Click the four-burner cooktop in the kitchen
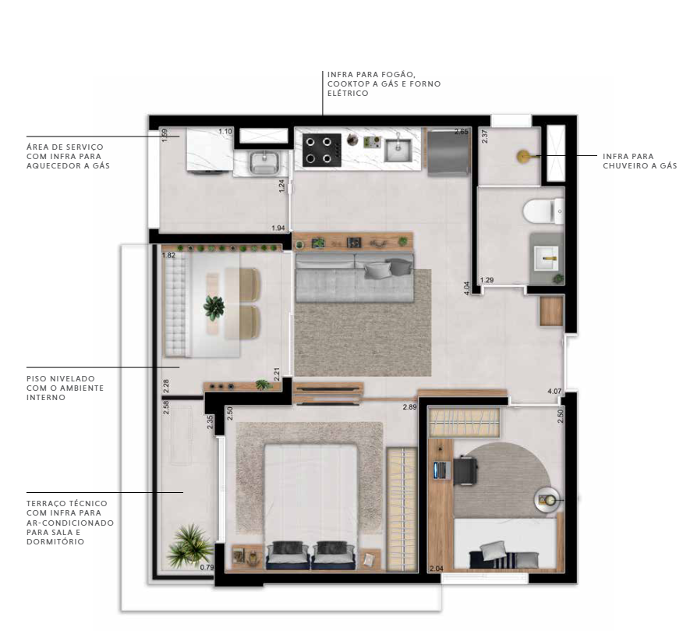pos(322,151)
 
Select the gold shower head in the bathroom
pos(523,156)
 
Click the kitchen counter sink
pos(398,151)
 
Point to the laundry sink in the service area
pos(264,162)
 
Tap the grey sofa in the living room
pos(355,277)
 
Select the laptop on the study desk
pos(441,470)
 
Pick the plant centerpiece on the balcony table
pos(214,307)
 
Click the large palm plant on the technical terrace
pos(189,545)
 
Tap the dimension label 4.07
pos(554,391)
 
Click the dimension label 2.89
pos(409,407)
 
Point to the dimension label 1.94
pos(278,228)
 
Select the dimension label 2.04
pos(436,569)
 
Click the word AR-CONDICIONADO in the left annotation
pos(70,523)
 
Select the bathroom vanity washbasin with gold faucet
pos(546,257)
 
